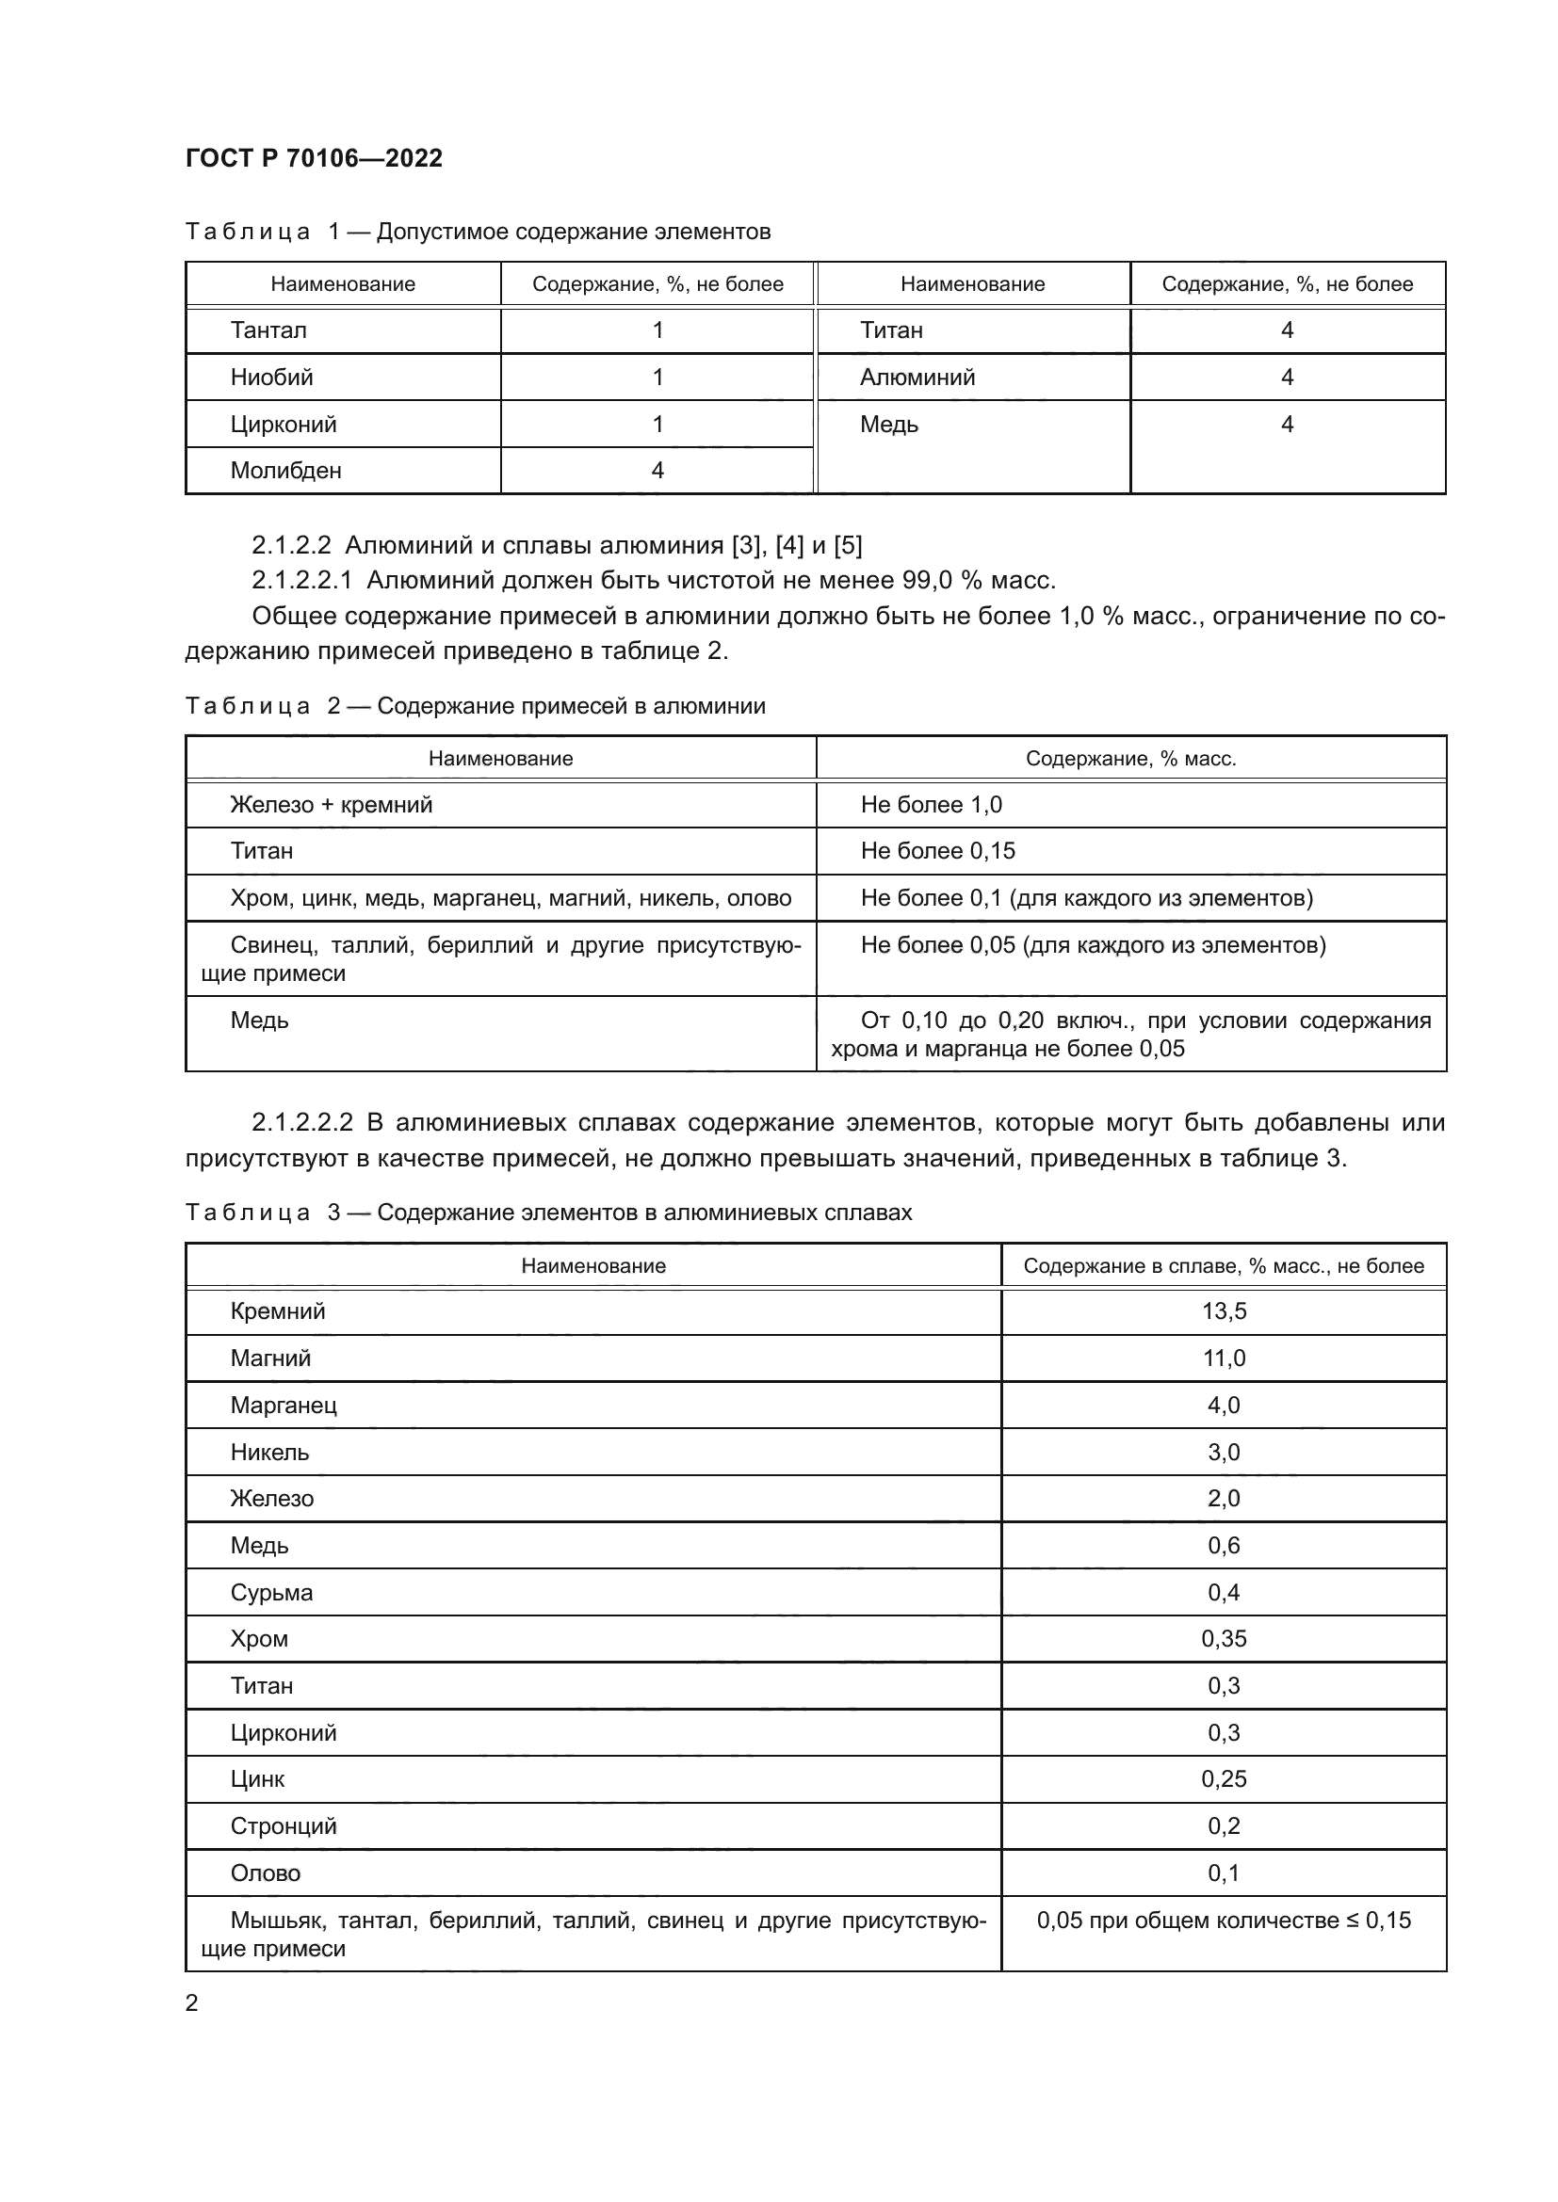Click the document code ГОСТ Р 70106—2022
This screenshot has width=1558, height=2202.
point(314,158)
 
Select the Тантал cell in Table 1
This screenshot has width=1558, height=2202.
point(268,330)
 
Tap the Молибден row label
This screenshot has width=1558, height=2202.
point(286,471)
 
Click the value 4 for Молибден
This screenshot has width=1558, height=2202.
point(657,471)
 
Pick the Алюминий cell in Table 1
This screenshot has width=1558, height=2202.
point(917,378)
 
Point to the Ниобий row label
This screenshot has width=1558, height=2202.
point(271,378)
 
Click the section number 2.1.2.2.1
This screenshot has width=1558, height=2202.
point(301,580)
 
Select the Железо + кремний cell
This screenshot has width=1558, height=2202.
point(331,805)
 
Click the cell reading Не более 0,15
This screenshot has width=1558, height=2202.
point(937,852)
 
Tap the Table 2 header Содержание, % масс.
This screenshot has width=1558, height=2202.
point(1130,759)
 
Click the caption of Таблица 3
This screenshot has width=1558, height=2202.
point(548,1214)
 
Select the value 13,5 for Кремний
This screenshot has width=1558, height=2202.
point(1225,1312)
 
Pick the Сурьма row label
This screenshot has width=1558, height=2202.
point(271,1593)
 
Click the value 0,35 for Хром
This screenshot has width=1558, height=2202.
point(1225,1639)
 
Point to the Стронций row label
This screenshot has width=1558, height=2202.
point(283,1826)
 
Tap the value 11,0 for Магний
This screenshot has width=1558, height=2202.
point(1225,1359)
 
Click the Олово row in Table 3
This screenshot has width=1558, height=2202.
point(266,1873)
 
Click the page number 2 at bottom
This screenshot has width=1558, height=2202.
point(192,2003)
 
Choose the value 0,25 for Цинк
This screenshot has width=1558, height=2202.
point(1225,1780)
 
